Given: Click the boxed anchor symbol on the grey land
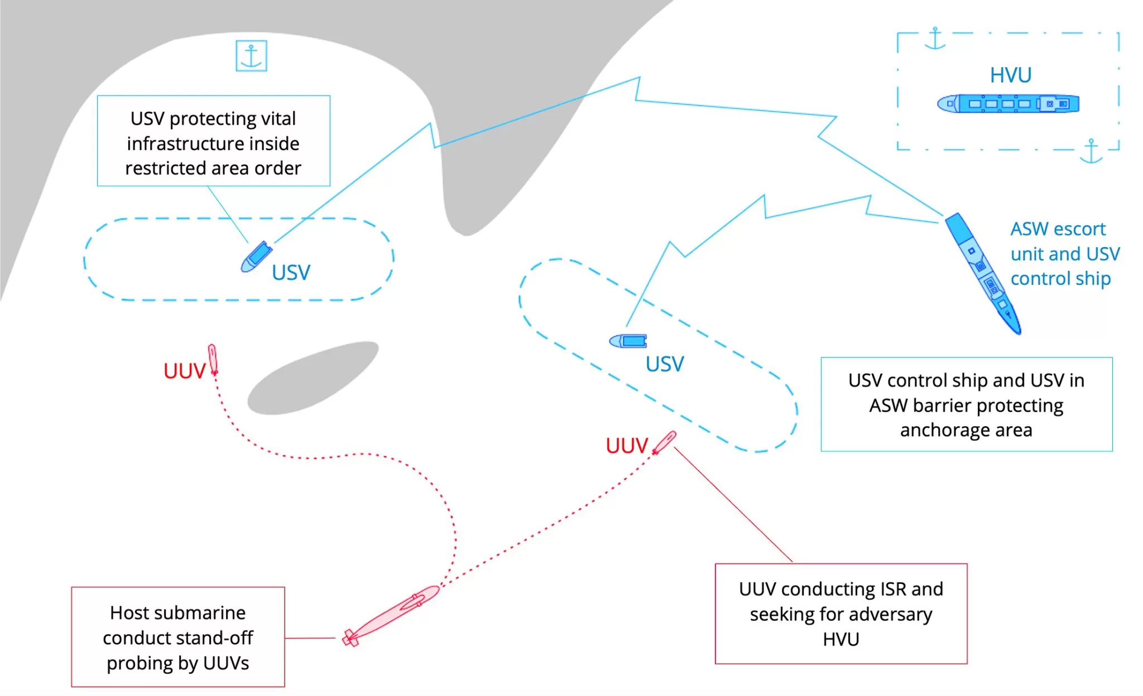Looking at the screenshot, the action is click(x=251, y=56).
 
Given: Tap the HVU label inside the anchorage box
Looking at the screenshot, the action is click(x=1010, y=75).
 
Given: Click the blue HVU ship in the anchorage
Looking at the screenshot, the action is click(x=1008, y=104).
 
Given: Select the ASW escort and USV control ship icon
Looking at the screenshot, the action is click(x=983, y=273).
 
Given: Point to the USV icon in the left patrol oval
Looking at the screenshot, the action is click(x=256, y=257).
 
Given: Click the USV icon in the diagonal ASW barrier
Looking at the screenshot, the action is click(x=628, y=341).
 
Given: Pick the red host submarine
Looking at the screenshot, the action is click(x=391, y=615).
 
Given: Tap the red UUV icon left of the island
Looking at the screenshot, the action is click(x=213, y=359).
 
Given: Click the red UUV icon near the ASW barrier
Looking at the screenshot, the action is click(x=664, y=443).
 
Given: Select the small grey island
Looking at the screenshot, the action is click(x=313, y=378).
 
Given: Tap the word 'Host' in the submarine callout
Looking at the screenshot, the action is click(x=129, y=612).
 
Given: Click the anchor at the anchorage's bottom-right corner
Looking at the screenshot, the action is click(x=1091, y=151).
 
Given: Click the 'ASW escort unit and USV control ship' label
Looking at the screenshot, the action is click(x=1065, y=254).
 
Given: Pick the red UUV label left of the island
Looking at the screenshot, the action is click(x=184, y=371).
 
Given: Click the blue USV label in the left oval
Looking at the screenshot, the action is click(x=291, y=273).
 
